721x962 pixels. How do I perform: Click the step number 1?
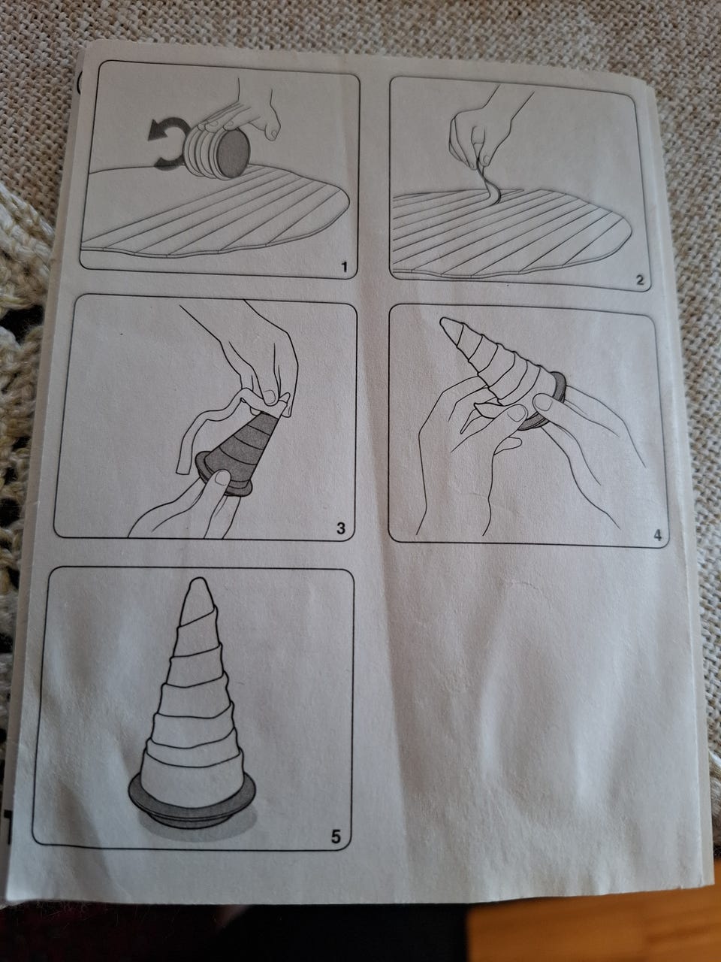tap(344, 267)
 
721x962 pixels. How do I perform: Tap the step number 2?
tap(640, 280)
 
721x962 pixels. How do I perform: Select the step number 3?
tap(340, 528)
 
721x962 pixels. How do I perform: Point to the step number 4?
tap(657, 535)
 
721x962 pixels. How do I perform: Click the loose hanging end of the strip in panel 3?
tap(183, 465)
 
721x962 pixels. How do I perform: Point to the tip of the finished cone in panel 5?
tap(198, 581)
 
